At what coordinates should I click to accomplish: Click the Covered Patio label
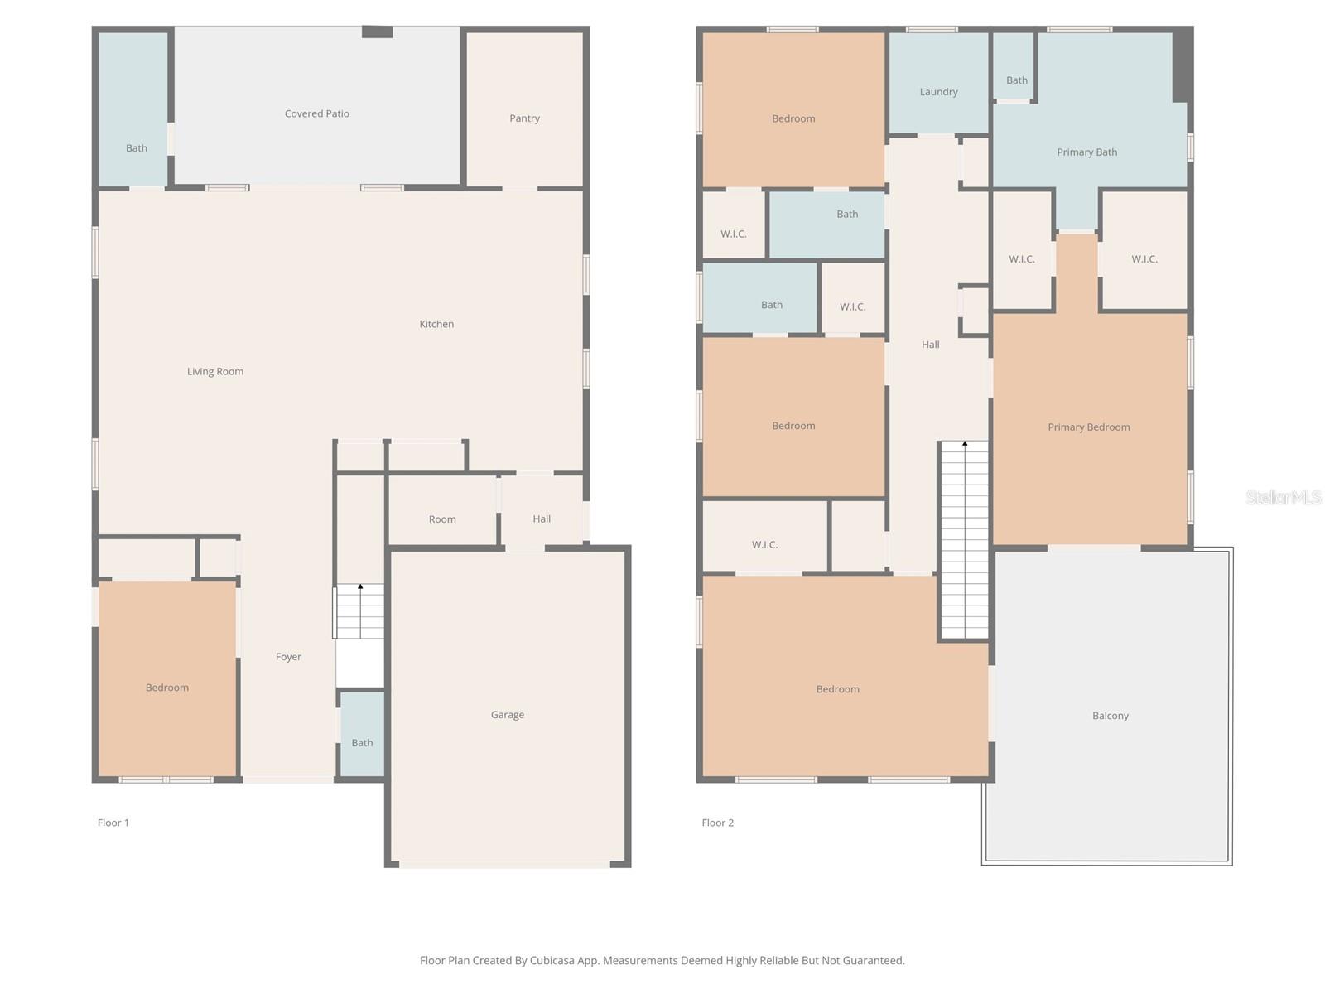(316, 113)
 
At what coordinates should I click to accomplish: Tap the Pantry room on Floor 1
(524, 118)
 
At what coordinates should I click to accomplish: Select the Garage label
(507, 715)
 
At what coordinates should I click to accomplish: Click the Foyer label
(288, 657)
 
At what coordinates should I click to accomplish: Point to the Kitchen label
(436, 324)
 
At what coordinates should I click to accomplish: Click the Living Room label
(215, 372)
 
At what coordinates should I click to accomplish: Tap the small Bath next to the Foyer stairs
(362, 742)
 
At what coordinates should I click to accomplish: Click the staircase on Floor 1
(359, 611)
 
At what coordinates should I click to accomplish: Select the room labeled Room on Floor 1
(442, 519)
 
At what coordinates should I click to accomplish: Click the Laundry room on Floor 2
(938, 92)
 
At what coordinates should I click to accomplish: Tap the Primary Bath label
(1086, 152)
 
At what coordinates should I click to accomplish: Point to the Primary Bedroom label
(1088, 427)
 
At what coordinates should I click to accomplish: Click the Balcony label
(1110, 716)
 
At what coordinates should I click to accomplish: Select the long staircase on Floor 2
(965, 540)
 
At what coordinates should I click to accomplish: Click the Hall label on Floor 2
(930, 345)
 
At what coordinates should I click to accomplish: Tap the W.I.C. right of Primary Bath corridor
(1144, 259)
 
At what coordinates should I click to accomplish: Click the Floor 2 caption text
(717, 823)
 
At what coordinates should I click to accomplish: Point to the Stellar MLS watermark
(1284, 497)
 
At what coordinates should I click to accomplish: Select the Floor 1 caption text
(113, 823)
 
